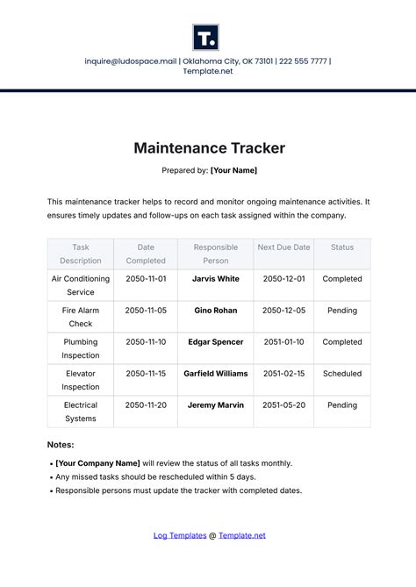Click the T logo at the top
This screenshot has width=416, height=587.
(206, 38)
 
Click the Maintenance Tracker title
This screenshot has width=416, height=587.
(209, 148)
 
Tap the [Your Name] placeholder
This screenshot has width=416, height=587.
(233, 170)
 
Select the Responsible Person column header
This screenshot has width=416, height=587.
(215, 254)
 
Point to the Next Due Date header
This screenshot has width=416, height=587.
(283, 247)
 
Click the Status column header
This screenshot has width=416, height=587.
(342, 247)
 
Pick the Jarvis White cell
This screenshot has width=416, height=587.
(215, 279)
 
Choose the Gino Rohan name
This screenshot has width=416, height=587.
(215, 311)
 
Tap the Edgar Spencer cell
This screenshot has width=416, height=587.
(215, 342)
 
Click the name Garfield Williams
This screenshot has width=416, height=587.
(215, 374)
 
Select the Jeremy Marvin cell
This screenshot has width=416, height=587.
(215, 405)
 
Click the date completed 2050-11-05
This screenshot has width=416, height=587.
(146, 311)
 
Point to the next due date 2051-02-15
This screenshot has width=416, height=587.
(283, 374)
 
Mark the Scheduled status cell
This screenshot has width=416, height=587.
(342, 374)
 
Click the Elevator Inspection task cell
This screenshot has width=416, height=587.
(81, 380)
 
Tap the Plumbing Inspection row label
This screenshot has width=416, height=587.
(81, 348)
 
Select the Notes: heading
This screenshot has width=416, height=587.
(61, 445)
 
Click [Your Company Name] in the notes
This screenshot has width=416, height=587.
(97, 463)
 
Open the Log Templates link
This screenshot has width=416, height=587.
(180, 535)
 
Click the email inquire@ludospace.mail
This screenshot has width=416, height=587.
(130, 61)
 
